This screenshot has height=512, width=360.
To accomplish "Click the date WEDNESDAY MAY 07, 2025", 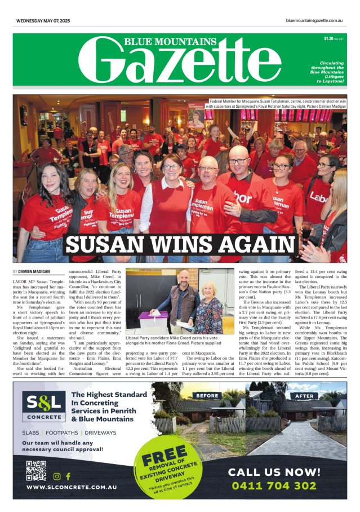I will tap(43, 21).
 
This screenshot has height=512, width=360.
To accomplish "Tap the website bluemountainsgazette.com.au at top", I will tap(315, 21).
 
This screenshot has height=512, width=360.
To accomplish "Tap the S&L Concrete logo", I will tap(42, 407).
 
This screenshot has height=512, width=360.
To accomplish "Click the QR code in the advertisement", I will tap(35, 471).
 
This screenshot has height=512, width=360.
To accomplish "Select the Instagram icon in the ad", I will tap(57, 476).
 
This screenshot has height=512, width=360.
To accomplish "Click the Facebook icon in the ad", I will tap(68, 476).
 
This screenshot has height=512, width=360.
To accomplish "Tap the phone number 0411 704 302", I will tap(282, 485).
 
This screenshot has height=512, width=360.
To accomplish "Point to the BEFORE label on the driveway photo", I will tap(207, 379).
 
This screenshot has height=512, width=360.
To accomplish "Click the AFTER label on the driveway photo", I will tap(305, 379).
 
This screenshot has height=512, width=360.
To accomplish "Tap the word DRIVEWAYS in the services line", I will tap(99, 432).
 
